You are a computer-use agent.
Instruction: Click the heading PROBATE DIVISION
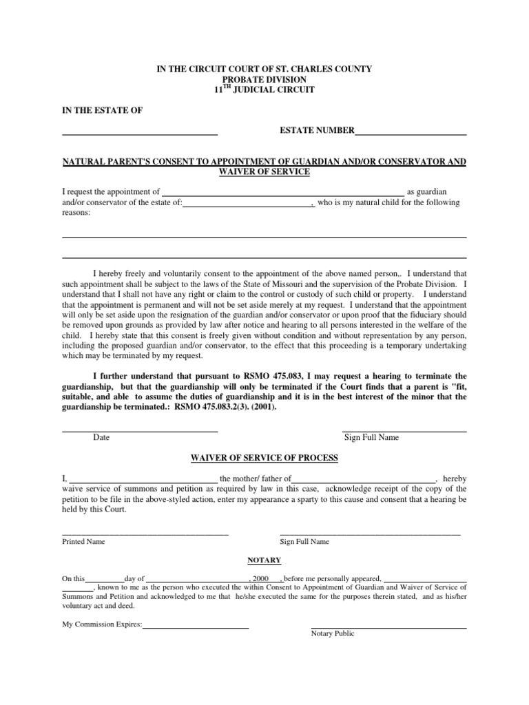click(x=264, y=80)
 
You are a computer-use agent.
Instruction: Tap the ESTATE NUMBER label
click(x=317, y=130)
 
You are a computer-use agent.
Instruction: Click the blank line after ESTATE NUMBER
click(x=411, y=133)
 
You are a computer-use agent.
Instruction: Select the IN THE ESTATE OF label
click(x=103, y=110)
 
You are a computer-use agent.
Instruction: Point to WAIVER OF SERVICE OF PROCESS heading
click(x=264, y=458)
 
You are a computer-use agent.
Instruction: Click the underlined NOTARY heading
click(x=264, y=560)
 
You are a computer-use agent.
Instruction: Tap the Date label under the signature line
click(x=101, y=437)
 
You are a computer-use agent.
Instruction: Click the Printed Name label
click(x=83, y=542)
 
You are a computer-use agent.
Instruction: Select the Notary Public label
click(x=333, y=633)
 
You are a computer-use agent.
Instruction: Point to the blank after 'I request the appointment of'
click(x=282, y=194)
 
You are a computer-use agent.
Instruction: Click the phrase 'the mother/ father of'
click(x=256, y=478)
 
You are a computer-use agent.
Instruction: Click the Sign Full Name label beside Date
click(x=371, y=437)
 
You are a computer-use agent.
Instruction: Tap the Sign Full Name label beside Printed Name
click(x=304, y=542)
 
